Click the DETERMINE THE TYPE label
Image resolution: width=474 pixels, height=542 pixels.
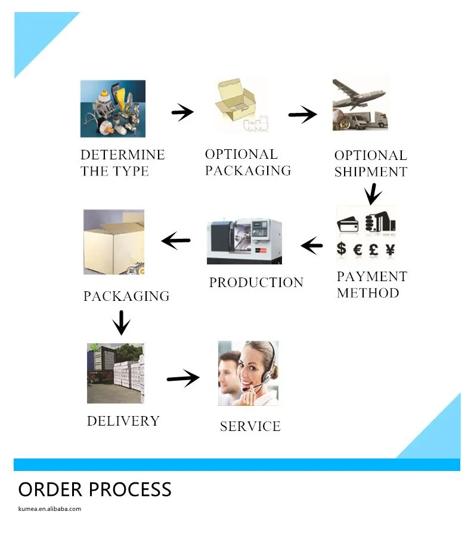click(122, 163)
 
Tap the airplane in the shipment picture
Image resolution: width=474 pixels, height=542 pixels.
click(359, 96)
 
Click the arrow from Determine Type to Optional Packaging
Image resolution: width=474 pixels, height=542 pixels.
click(182, 112)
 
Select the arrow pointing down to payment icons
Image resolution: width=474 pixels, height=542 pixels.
click(373, 193)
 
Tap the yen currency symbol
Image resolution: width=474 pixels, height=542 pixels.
click(389, 249)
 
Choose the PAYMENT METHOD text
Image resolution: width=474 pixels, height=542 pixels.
click(371, 285)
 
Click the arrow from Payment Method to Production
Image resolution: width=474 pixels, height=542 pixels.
click(311, 245)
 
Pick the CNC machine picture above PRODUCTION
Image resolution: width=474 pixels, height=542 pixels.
click(244, 241)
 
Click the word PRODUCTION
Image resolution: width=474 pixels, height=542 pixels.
click(256, 282)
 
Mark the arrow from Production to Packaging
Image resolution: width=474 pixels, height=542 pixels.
click(176, 241)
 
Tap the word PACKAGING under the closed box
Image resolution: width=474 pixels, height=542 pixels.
click(126, 296)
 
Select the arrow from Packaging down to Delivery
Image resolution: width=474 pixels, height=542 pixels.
click(122, 322)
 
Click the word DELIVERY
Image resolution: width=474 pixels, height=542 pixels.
click(123, 421)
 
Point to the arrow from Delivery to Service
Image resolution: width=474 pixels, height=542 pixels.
click(183, 378)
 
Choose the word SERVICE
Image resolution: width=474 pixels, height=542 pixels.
click(250, 426)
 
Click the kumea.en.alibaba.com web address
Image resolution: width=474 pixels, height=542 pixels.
click(49, 509)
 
